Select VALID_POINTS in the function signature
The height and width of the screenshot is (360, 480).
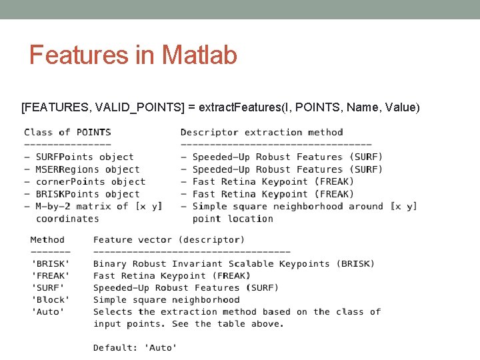tap(136, 107)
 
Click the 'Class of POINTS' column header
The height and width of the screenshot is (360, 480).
tap(67, 132)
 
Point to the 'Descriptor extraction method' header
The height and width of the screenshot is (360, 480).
tap(262, 132)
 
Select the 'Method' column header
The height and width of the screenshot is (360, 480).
tap(47, 239)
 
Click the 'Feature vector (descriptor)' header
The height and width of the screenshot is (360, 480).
tap(169, 239)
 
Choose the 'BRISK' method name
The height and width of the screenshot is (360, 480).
tap(50, 263)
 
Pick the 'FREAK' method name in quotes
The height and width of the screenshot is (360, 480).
tap(50, 275)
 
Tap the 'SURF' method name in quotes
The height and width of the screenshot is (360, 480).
tap(47, 287)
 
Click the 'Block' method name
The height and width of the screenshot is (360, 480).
tap(50, 299)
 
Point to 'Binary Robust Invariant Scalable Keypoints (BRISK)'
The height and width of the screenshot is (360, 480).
tap(234, 263)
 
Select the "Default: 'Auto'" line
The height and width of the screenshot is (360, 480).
tap(135, 347)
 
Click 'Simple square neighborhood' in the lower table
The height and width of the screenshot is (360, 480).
tap(166, 299)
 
